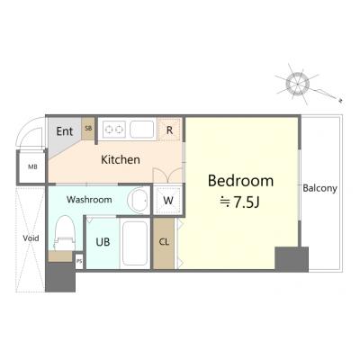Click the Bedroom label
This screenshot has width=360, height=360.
click(240, 181)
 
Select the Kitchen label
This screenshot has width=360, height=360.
click(121, 159)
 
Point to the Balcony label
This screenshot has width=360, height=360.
click(319, 188)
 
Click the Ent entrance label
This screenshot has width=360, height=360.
click(65, 131)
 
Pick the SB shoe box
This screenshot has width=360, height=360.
click(88, 128)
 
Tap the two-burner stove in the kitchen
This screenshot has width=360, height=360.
click(114, 130)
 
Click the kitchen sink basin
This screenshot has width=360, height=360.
click(142, 130)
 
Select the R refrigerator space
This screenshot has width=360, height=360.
click(169, 130)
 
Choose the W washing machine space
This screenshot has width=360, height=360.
click(168, 200)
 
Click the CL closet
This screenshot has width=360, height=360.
click(164, 242)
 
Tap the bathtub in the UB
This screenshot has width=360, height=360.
click(135, 243)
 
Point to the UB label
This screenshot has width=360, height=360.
click(103, 242)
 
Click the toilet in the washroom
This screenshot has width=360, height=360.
click(65, 232)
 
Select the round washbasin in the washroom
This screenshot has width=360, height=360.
click(138, 200)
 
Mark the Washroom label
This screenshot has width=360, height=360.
click(89, 200)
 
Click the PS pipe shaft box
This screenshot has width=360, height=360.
click(79, 261)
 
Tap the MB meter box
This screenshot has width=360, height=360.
click(32, 166)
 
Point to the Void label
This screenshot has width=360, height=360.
click(31, 238)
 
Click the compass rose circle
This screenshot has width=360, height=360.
click(297, 82)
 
